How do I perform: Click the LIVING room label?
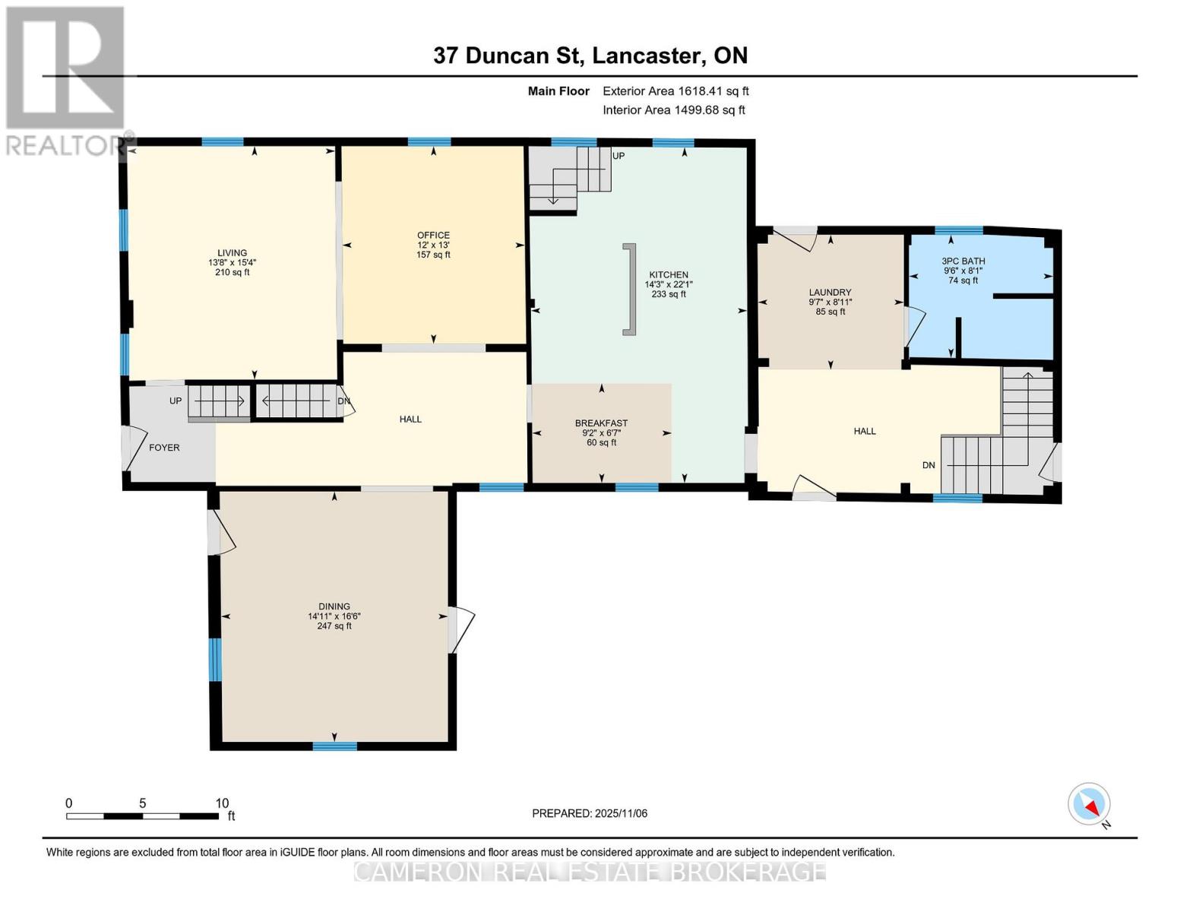click(x=233, y=253)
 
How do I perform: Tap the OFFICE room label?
click(x=433, y=235)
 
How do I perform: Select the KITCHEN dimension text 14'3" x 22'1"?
click(x=669, y=284)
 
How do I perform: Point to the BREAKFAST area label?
click(x=601, y=423)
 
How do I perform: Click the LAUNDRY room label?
click(x=830, y=292)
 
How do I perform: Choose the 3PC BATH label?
click(x=963, y=261)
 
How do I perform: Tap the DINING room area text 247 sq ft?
click(x=334, y=626)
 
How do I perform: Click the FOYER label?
click(x=164, y=448)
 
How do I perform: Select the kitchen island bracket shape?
click(x=629, y=289)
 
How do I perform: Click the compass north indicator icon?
click(x=1090, y=804)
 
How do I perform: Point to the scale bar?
click(x=142, y=816)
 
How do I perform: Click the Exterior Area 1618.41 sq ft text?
click(x=675, y=91)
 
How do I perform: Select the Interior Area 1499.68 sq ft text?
click(x=674, y=110)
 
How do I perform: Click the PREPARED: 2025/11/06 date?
click(x=590, y=813)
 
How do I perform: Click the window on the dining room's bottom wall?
click(x=334, y=746)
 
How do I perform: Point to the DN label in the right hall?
click(x=928, y=465)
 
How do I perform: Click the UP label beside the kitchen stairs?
click(x=618, y=156)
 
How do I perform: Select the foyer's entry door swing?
click(x=134, y=448)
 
